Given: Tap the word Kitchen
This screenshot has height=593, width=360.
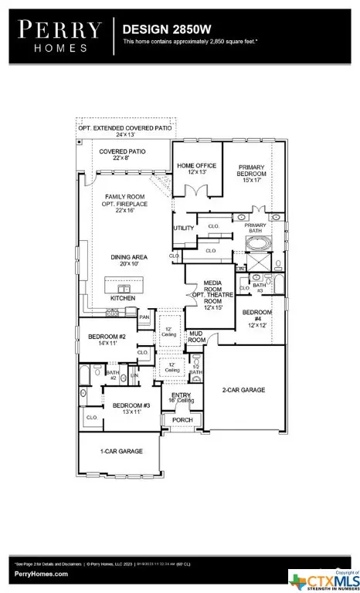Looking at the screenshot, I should (122, 298).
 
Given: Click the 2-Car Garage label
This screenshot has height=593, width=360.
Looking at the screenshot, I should (243, 391).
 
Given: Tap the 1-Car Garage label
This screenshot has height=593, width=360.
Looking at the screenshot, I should (120, 450).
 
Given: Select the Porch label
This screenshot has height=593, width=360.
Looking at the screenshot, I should (182, 420).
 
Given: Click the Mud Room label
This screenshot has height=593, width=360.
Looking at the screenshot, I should (197, 337).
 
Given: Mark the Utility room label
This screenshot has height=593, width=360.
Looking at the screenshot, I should (184, 229).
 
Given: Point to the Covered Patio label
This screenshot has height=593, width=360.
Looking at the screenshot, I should (117, 154).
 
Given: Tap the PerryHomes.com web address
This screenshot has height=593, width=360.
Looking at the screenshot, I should (40, 574).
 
